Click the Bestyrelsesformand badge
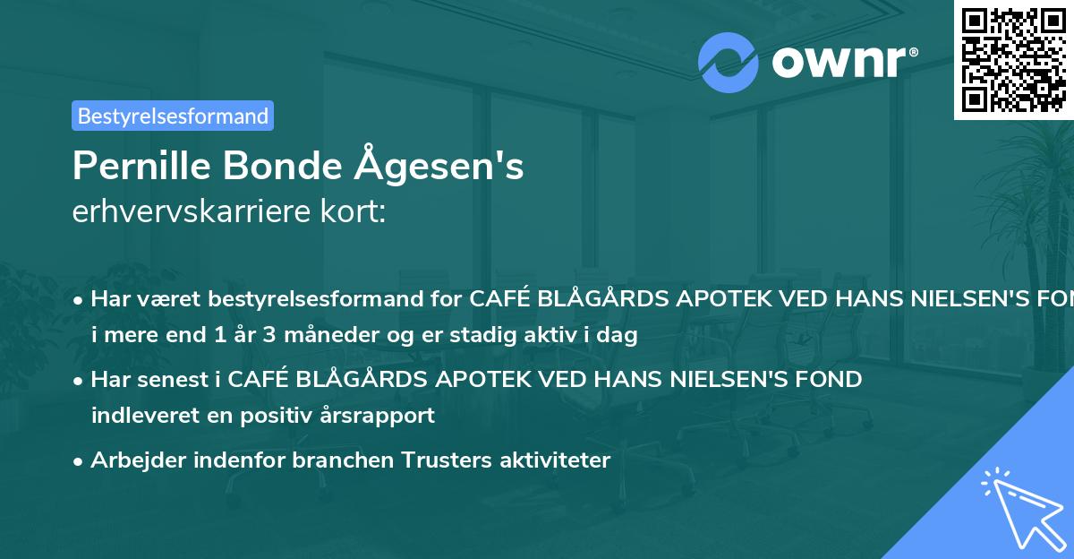pos(172,116)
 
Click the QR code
pos(1013,60)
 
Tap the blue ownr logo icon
pos(729,63)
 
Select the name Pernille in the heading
pos(140,166)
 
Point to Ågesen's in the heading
pos(439,166)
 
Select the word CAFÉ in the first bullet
pos(499,300)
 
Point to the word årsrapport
pos(382,415)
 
